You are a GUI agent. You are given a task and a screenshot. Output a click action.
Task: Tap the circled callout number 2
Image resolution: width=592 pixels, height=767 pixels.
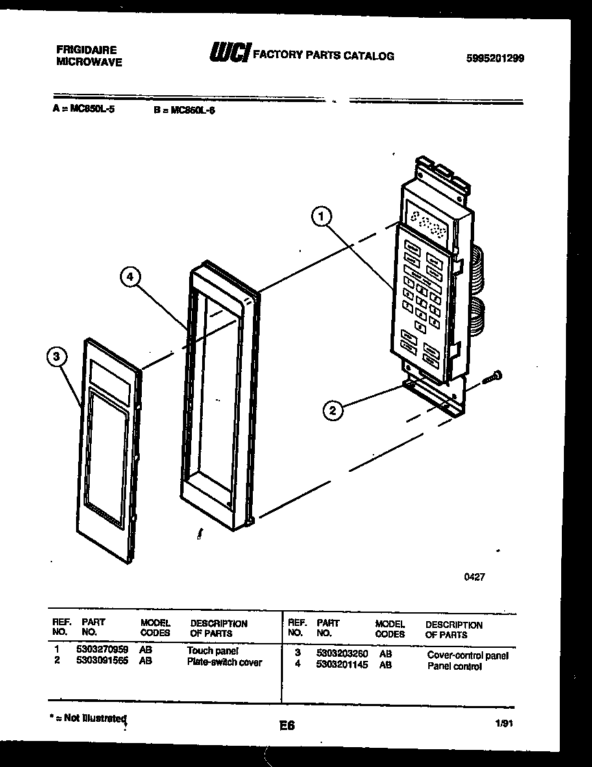(x=333, y=410)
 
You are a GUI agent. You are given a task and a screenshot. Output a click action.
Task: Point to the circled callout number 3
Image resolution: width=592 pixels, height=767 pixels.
(x=58, y=357)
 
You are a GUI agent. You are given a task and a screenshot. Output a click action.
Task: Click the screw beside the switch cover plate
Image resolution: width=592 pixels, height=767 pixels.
(x=493, y=376)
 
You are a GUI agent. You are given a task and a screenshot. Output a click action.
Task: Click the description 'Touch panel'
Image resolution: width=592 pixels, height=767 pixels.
(x=212, y=651)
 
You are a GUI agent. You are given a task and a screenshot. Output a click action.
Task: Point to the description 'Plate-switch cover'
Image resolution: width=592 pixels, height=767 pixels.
(x=224, y=662)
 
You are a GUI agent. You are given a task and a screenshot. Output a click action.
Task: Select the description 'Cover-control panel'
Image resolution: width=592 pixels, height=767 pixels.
(x=467, y=655)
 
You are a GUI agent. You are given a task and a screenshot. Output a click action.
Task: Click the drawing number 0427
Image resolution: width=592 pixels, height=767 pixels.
(x=474, y=577)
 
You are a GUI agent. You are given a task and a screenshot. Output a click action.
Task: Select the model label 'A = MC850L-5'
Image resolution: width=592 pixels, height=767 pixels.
(x=83, y=108)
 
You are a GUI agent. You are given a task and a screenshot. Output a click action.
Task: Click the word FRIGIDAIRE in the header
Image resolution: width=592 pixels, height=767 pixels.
(x=86, y=50)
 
